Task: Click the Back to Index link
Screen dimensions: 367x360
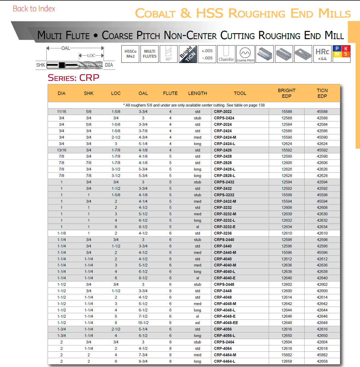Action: (34, 9)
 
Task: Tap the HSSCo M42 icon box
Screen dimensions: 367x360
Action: (130, 54)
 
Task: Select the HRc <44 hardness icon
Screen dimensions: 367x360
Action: (322, 54)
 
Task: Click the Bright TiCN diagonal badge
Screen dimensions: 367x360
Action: (188, 54)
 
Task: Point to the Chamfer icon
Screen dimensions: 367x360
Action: (226, 54)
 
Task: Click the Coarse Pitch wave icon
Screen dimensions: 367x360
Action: (245, 54)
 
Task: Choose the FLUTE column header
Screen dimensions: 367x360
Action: (170, 93)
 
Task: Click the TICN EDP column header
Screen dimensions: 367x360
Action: (322, 93)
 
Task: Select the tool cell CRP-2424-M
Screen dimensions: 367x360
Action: (225, 137)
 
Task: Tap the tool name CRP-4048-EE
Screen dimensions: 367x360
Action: (226, 323)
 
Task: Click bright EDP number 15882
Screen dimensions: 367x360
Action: (287, 355)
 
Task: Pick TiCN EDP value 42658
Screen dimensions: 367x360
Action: (322, 361)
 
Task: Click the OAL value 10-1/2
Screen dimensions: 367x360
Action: (143, 323)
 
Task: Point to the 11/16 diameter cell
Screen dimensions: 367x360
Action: (62, 112)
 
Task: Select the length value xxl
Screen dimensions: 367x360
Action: (198, 323)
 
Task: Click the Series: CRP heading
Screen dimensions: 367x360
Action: (73, 78)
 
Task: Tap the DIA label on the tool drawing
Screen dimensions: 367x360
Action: (109, 65)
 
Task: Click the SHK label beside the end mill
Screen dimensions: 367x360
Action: (41, 65)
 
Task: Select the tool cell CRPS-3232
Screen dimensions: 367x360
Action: (224, 195)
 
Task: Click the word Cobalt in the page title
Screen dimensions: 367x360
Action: (155, 13)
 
